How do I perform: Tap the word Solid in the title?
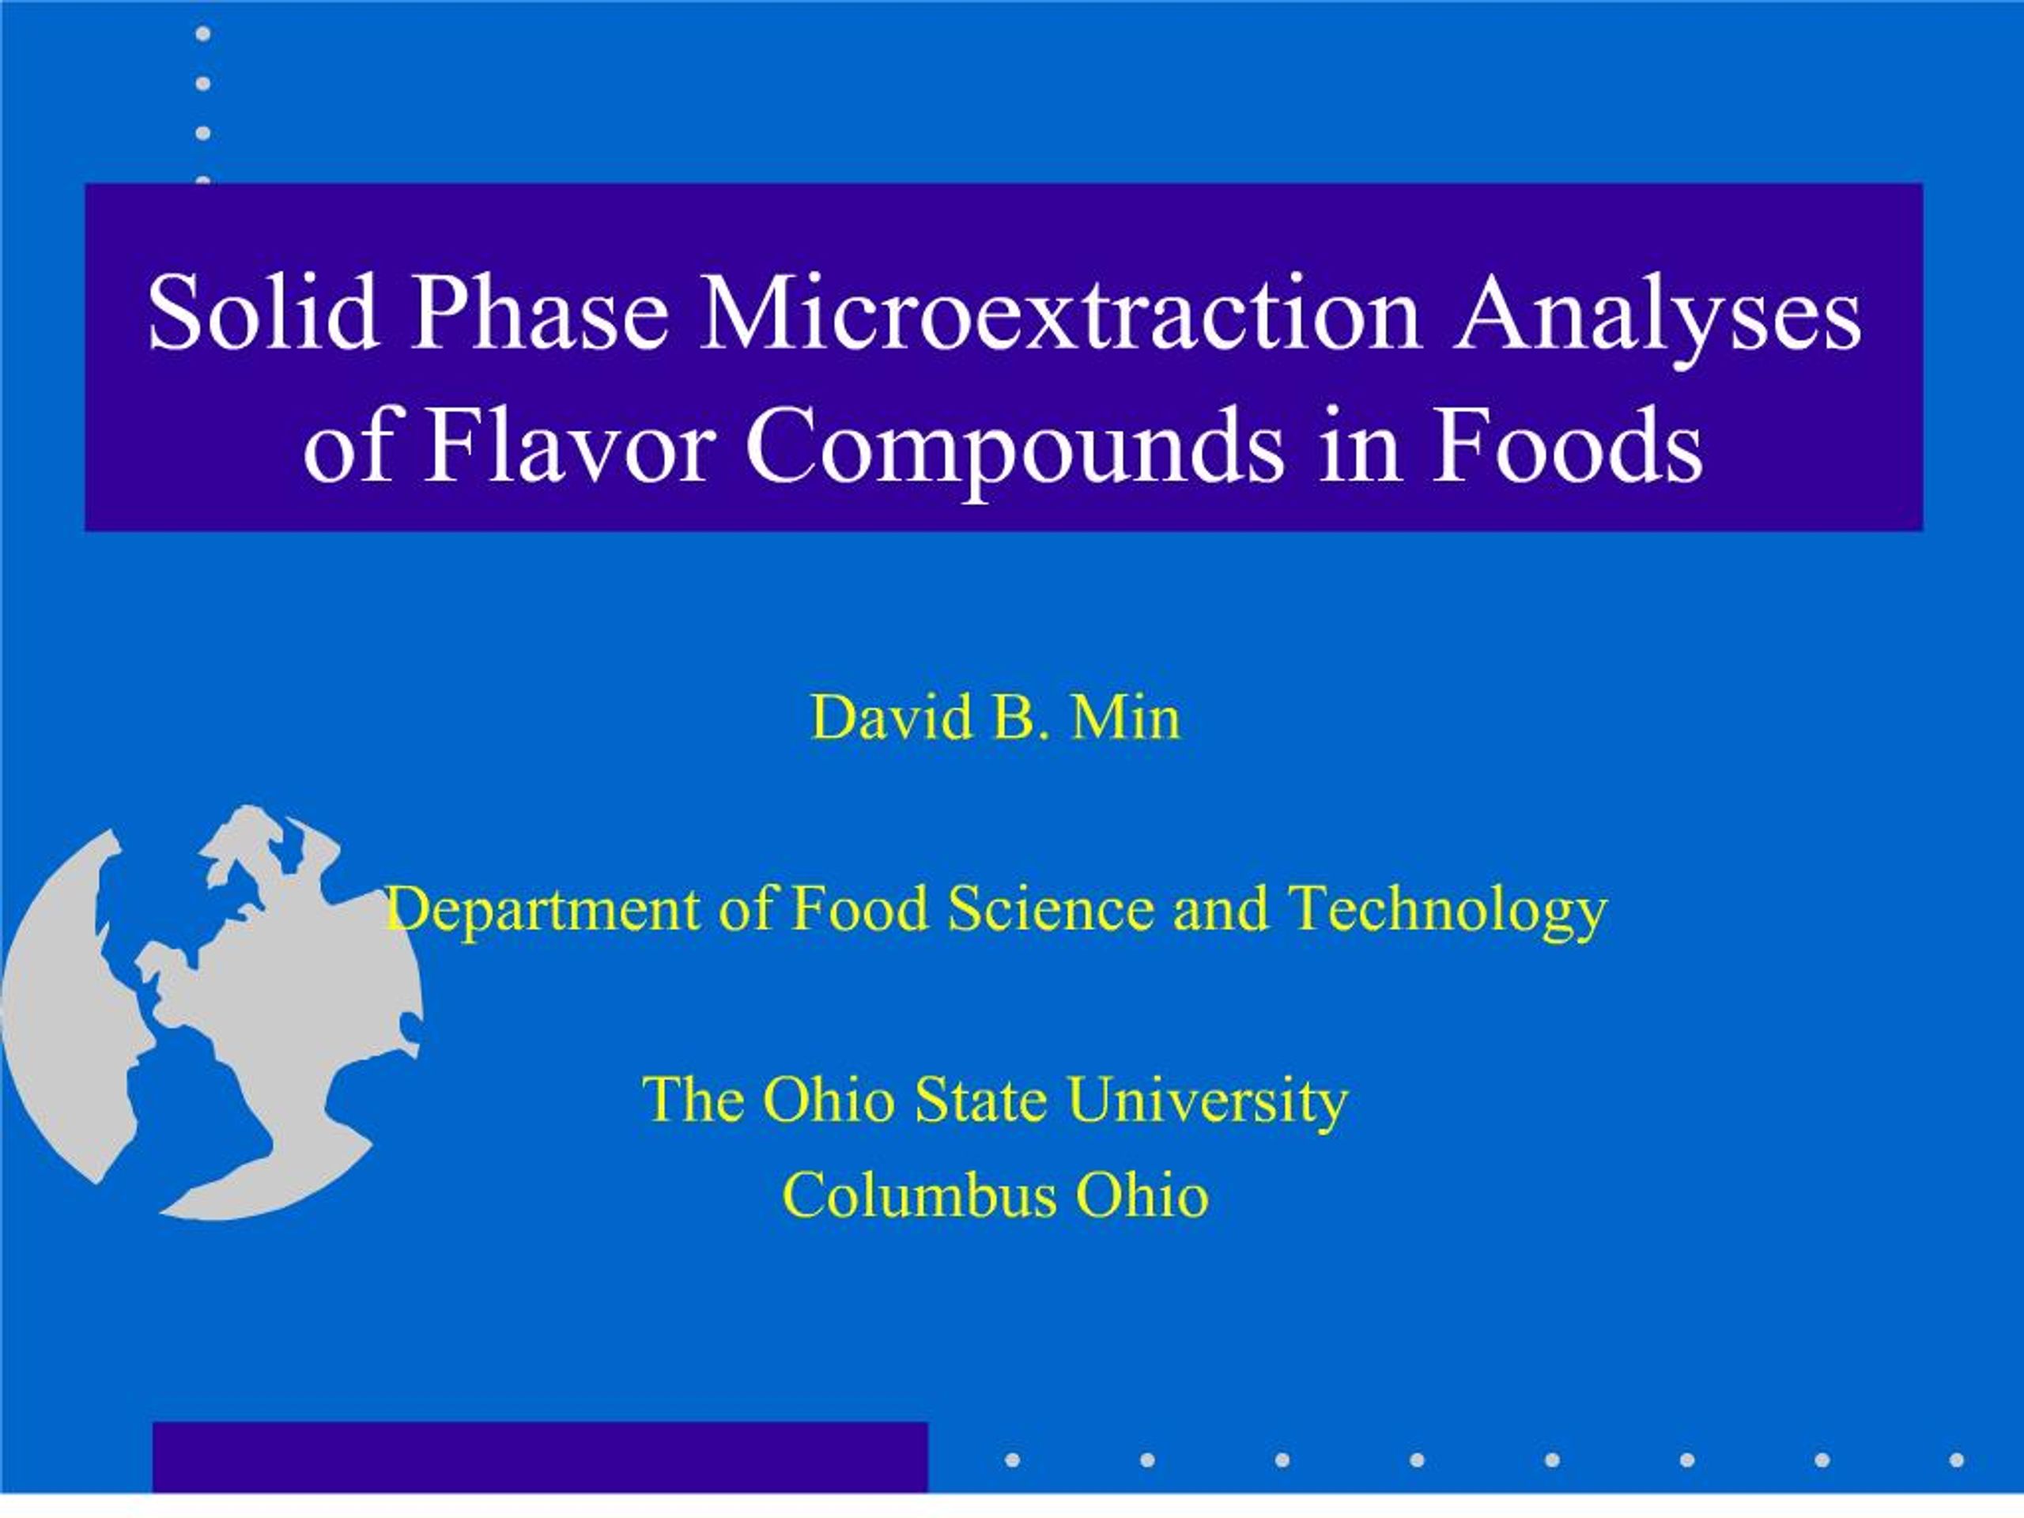pyautogui.click(x=262, y=314)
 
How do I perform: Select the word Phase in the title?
pyautogui.click(x=539, y=314)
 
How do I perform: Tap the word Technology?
pyautogui.click(x=1448, y=911)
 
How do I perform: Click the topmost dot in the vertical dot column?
pyautogui.click(x=203, y=34)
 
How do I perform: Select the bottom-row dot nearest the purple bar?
pyautogui.click(x=1012, y=1459)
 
